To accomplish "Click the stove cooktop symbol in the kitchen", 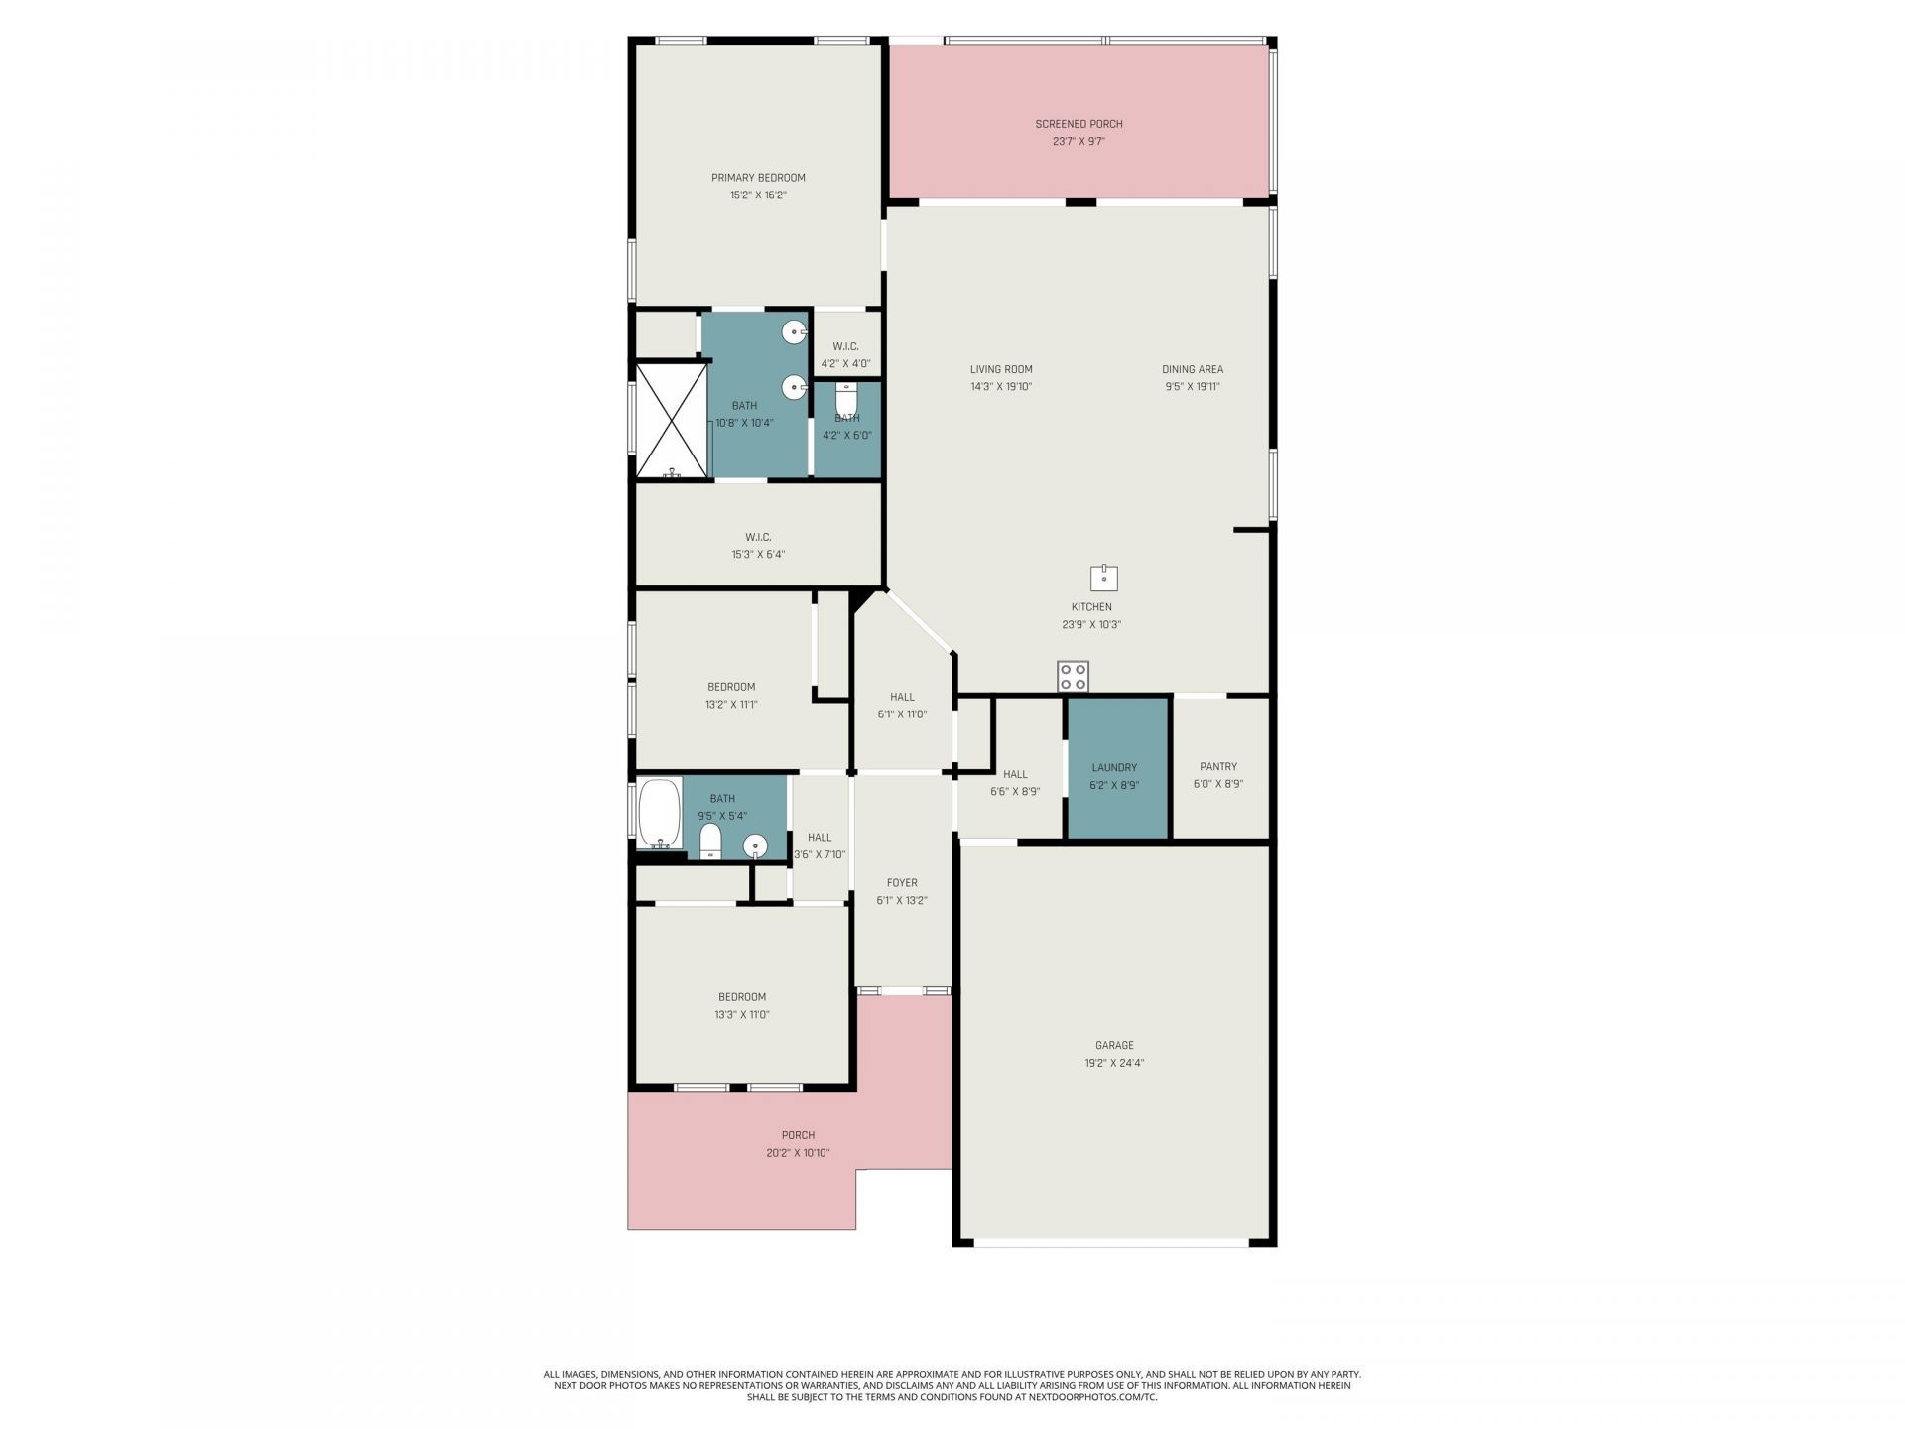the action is pyautogui.click(x=1073, y=677).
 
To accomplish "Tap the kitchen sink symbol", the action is pyautogui.click(x=1104, y=578).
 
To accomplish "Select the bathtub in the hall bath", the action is pyautogui.click(x=660, y=814).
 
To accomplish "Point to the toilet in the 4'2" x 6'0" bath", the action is pyautogui.click(x=847, y=401).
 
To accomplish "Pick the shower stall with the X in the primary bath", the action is pyautogui.click(x=672, y=421).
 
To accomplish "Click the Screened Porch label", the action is pyautogui.click(x=1079, y=124).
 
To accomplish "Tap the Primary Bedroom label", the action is pyautogui.click(x=758, y=178).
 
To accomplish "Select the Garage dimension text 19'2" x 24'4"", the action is pyautogui.click(x=1114, y=1063).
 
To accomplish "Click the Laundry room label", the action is pyautogui.click(x=1114, y=767).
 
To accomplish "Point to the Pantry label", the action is pyautogui.click(x=1218, y=766).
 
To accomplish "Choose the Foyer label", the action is pyautogui.click(x=902, y=883).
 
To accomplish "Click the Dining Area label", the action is pyautogui.click(x=1193, y=369).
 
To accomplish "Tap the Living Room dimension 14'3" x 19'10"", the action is pyautogui.click(x=1001, y=387).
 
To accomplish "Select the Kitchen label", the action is pyautogui.click(x=1091, y=607).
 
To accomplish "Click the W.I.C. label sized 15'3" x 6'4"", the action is pyautogui.click(x=758, y=537).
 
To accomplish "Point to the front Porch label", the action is pyautogui.click(x=798, y=1135).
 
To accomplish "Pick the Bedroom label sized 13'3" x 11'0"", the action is pyautogui.click(x=742, y=997).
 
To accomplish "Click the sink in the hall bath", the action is pyautogui.click(x=755, y=846).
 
